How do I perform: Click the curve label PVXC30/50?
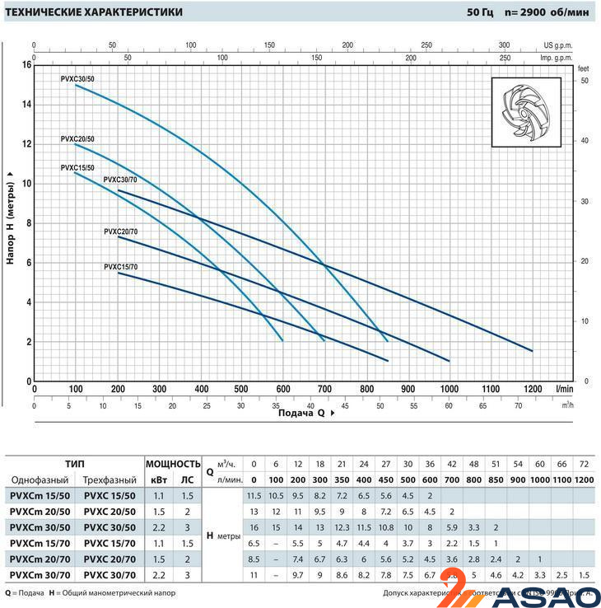pyautogui.click(x=77, y=77)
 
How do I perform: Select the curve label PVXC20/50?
pyautogui.click(x=77, y=139)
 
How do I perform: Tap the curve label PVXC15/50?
pyautogui.click(x=77, y=168)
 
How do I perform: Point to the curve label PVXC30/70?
pyautogui.click(x=121, y=180)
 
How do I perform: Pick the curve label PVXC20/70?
pyautogui.click(x=121, y=232)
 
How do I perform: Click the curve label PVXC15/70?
pyautogui.click(x=121, y=267)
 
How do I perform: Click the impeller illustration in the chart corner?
pyautogui.click(x=525, y=112)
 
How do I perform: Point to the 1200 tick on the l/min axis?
pyautogui.click(x=532, y=389)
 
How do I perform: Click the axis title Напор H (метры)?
pyautogui.click(x=11, y=217)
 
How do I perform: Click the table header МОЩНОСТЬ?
pyautogui.click(x=173, y=464)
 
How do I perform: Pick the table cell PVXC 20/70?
pyautogui.click(x=109, y=559)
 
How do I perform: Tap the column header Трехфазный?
pyautogui.click(x=109, y=480)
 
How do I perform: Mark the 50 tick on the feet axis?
pyautogui.click(x=584, y=81)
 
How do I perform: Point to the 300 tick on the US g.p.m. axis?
pyautogui.click(x=504, y=45)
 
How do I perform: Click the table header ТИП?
pyautogui.click(x=74, y=464)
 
